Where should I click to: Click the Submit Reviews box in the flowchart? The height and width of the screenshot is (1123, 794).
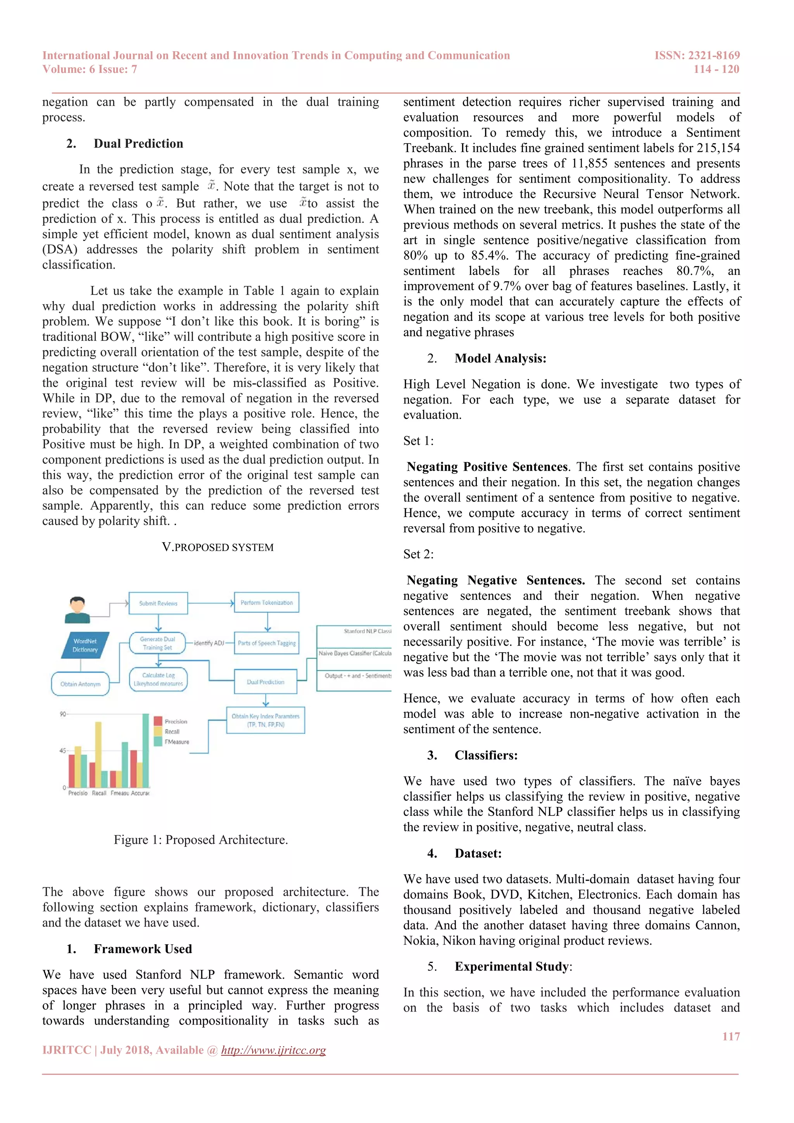158,603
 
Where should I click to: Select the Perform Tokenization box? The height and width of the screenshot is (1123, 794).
266,603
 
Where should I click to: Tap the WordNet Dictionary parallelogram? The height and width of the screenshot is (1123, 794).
85,645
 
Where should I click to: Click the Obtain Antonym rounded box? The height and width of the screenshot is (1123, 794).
80,684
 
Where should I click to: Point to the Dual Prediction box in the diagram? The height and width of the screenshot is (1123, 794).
266,682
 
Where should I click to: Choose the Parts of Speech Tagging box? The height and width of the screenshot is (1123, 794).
266,643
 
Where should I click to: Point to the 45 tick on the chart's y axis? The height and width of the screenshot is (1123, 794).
62,750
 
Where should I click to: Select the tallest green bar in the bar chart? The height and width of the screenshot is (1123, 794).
146,750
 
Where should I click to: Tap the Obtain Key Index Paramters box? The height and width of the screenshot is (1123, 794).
266,720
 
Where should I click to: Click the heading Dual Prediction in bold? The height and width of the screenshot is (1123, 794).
138,144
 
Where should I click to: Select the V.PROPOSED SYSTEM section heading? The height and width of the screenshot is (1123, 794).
217,547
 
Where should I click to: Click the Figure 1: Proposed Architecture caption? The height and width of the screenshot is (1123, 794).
201,840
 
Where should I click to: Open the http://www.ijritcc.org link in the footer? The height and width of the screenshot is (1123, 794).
273,1050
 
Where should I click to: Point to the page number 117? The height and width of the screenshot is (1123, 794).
731,1037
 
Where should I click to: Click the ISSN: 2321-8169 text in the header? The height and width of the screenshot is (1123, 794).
697,55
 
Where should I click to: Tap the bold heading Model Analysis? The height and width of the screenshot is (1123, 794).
500,359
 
